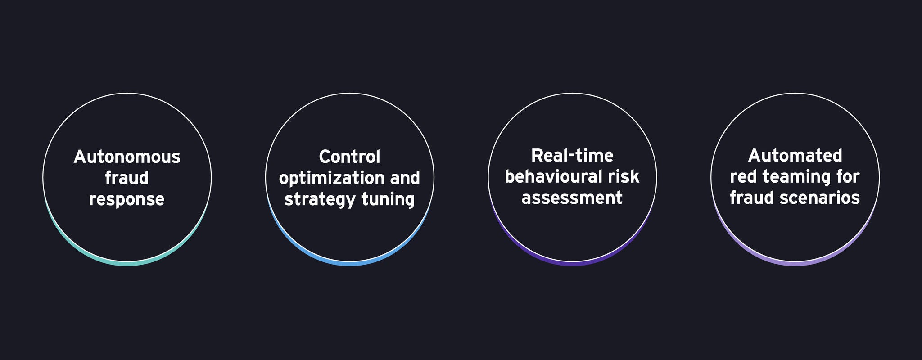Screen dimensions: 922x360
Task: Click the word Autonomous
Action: click(x=127, y=157)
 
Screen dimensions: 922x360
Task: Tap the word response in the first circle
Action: click(x=127, y=199)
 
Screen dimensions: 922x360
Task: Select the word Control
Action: click(x=350, y=157)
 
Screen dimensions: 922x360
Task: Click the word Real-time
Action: click(x=572, y=156)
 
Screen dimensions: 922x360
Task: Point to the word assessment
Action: click(x=572, y=198)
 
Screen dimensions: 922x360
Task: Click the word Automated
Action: click(x=795, y=156)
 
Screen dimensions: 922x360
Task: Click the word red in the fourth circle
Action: click(x=744, y=177)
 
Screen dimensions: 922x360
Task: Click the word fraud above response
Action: click(x=127, y=178)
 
